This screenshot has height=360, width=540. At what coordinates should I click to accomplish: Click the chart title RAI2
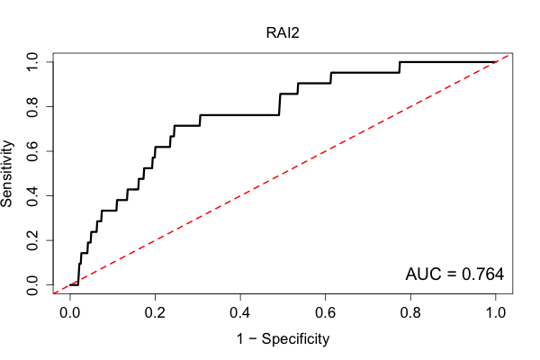(x=283, y=33)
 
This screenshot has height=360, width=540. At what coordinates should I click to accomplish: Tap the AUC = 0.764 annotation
(x=454, y=274)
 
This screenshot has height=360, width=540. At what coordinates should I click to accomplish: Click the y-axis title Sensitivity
(x=7, y=174)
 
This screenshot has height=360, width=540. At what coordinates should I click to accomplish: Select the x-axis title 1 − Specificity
(x=283, y=339)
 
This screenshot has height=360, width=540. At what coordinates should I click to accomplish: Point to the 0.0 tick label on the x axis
(x=70, y=313)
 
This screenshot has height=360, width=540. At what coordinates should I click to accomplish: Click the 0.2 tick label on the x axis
(x=155, y=313)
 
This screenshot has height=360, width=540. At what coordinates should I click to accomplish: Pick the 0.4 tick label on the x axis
(x=240, y=313)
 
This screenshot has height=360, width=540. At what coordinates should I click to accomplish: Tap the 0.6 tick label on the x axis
(x=325, y=313)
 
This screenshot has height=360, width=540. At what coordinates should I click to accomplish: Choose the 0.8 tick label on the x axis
(x=410, y=313)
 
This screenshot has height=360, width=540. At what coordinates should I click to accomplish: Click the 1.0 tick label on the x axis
(x=496, y=313)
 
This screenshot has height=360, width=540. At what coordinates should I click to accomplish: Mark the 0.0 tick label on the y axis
(x=32, y=285)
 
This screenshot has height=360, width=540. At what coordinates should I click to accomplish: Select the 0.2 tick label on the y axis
(x=32, y=240)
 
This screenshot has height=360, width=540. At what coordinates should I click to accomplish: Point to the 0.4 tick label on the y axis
(x=32, y=195)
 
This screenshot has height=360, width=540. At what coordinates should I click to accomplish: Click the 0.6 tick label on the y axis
(x=32, y=151)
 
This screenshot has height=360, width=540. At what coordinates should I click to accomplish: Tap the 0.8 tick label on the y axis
(x=32, y=107)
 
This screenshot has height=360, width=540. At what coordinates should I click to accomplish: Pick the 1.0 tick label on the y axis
(x=32, y=62)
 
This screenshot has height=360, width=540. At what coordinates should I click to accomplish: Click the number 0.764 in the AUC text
(x=482, y=274)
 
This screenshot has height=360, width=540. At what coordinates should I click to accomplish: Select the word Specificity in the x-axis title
(x=295, y=339)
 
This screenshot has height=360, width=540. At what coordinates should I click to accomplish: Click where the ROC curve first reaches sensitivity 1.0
(x=400, y=62)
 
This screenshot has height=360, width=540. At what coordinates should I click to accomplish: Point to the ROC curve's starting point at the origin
(x=70, y=285)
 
